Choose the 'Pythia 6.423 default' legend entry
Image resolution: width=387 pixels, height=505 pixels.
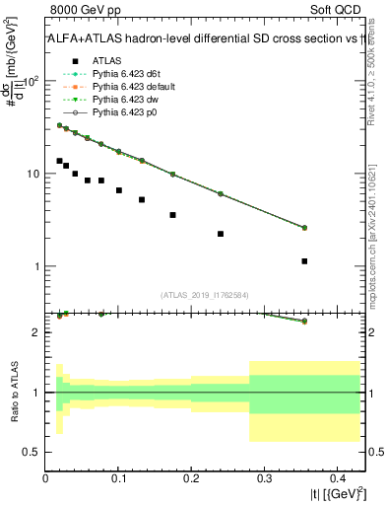[135, 87]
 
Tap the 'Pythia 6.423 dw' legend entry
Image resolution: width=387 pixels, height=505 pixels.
[127, 100]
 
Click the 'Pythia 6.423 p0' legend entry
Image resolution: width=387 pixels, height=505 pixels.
[127, 112]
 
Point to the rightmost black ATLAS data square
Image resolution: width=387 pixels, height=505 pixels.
[304, 261]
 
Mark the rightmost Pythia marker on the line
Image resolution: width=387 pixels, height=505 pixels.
[304, 228]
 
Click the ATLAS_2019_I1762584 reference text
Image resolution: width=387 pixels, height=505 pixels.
[205, 294]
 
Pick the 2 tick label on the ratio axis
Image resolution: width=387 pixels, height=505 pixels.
[36, 332]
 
